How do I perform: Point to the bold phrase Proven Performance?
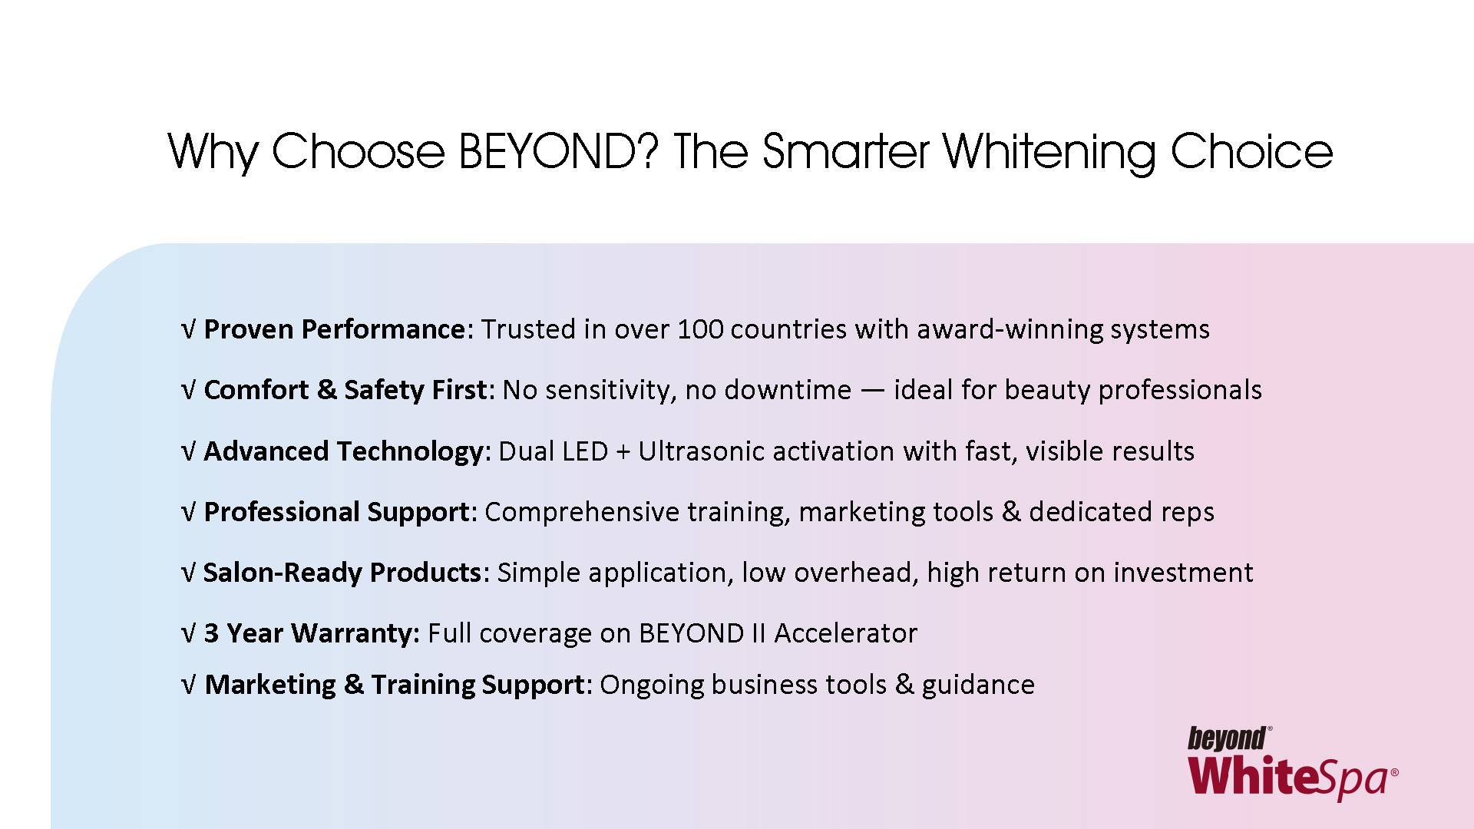pos(334,329)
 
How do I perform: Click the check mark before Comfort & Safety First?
pos(189,391)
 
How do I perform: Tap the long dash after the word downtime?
pos(873,391)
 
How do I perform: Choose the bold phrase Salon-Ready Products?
pos(342,573)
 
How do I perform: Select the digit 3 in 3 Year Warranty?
pos(211,634)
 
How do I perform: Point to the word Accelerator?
pos(845,634)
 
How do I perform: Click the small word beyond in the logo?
pos(1227,739)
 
